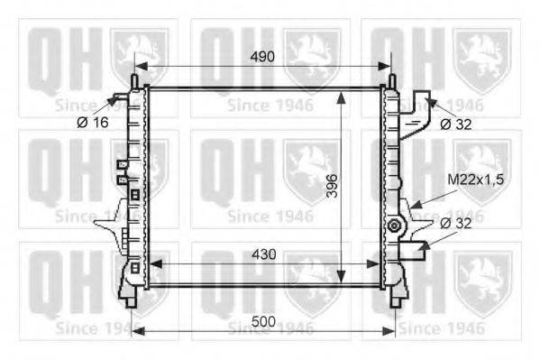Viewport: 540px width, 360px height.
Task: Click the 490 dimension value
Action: coord(262,57)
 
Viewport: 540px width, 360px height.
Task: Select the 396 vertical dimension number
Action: coord(333,186)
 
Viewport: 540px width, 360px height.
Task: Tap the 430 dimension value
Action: coord(264,254)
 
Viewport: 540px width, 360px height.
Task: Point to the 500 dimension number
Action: coord(264,321)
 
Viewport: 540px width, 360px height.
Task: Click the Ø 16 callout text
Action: coord(93,122)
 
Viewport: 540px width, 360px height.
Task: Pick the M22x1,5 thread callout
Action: coord(476,180)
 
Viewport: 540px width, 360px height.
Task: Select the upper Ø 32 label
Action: coord(456,125)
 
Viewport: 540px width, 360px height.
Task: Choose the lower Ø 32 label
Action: coord(456,224)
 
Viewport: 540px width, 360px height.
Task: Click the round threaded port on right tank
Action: coord(394,226)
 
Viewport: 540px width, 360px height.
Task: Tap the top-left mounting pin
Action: coord(134,81)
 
